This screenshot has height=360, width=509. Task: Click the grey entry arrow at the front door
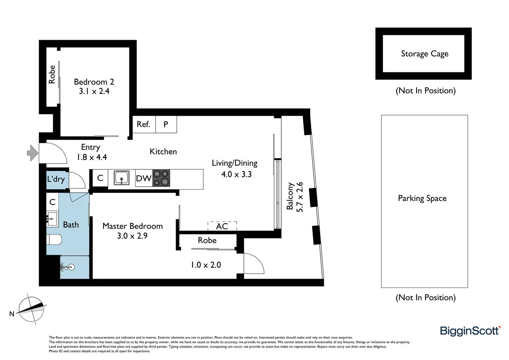click(x=32, y=153)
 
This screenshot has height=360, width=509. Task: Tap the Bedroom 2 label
click(x=94, y=82)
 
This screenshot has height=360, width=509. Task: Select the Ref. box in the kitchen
click(x=144, y=124)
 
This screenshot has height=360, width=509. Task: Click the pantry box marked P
click(x=166, y=124)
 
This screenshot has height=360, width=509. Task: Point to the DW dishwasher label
click(x=144, y=178)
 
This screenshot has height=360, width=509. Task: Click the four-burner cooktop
click(x=161, y=178)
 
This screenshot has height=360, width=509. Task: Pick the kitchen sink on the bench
click(x=122, y=178)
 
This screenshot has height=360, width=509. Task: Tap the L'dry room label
click(x=56, y=179)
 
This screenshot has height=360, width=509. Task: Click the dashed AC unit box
click(x=222, y=226)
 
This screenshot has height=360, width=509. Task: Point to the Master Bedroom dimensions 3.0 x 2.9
click(x=132, y=236)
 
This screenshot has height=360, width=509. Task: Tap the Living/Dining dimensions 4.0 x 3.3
click(x=237, y=174)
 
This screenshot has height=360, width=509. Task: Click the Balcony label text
click(x=290, y=196)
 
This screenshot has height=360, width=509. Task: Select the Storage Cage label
click(x=424, y=54)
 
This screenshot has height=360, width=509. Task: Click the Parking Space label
click(x=422, y=198)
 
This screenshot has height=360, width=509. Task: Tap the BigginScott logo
click(x=470, y=331)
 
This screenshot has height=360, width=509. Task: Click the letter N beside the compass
click(x=12, y=314)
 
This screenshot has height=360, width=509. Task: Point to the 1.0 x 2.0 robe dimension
click(x=206, y=265)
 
